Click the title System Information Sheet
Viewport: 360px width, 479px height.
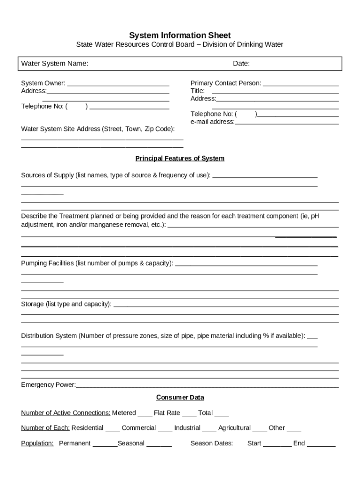coord(180,36)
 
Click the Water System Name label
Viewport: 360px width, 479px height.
coord(55,64)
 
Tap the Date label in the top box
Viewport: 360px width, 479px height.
coord(241,64)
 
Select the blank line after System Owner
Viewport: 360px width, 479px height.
coord(118,84)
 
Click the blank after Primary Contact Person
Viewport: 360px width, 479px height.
coord(301,84)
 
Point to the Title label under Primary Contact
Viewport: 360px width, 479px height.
coord(197,91)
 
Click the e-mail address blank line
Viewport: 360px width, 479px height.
coord(287,123)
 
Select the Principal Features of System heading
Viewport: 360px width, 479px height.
coord(180,159)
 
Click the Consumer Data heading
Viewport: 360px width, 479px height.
coord(180,398)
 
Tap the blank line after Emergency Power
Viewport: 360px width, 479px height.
coord(207,386)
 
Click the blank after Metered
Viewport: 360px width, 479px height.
coord(145,414)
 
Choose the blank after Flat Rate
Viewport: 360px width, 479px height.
coord(189,414)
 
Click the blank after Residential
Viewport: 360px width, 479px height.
coord(113,429)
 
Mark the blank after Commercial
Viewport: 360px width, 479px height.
coord(165,429)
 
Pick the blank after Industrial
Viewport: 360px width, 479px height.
coord(209,429)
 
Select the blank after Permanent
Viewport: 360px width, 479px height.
coord(105,444)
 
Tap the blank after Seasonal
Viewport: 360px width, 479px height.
coord(159,444)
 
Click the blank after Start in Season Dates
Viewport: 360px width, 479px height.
coord(277,444)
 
